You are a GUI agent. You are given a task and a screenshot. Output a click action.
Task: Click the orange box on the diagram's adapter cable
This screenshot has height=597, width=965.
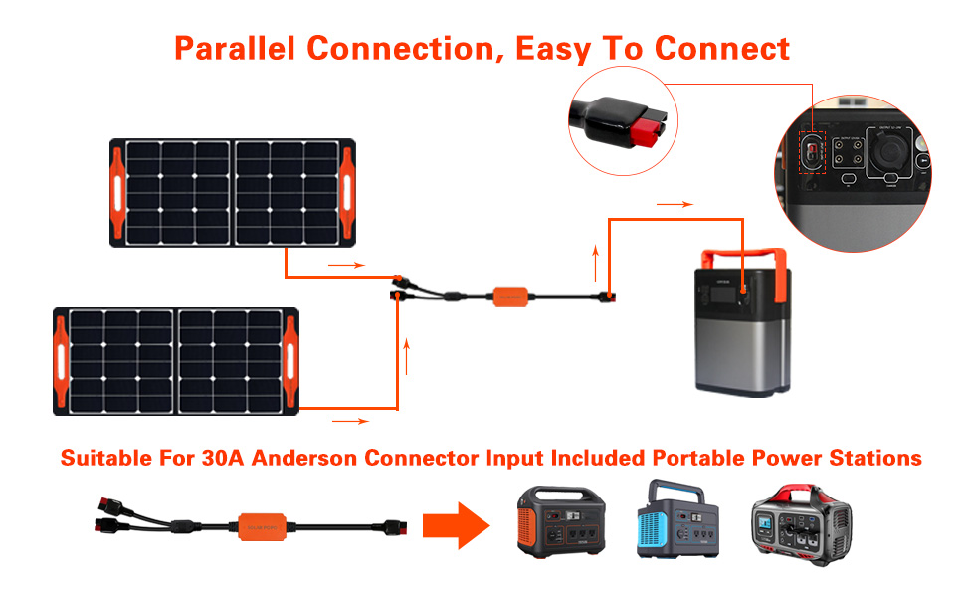coord(513,297)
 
